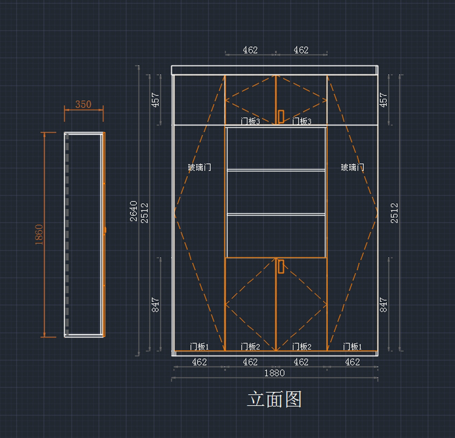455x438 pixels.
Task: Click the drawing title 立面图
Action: [274, 400]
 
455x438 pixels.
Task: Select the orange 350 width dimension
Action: [83, 104]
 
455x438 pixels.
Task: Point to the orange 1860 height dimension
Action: [39, 234]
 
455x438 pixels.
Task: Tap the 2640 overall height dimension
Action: [133, 211]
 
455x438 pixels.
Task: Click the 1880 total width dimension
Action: [274, 373]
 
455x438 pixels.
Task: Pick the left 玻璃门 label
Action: [199, 167]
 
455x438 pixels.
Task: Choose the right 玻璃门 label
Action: [352, 167]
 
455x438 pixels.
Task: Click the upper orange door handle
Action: [281, 117]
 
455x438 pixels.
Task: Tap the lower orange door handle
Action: [281, 266]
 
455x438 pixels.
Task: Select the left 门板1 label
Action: [199, 347]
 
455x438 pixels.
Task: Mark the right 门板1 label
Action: [352, 347]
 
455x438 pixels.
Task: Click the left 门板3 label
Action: [250, 121]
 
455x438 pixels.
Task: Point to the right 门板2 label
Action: [301, 347]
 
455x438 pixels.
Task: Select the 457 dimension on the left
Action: [155, 100]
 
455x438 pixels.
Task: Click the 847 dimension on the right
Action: [384, 305]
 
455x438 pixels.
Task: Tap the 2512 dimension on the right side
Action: [394, 213]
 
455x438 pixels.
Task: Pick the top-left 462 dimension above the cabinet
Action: [250, 50]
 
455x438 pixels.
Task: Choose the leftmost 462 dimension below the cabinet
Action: [199, 362]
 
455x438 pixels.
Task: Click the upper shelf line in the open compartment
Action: [276, 170]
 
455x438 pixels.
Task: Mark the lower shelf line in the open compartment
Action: [276, 214]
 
